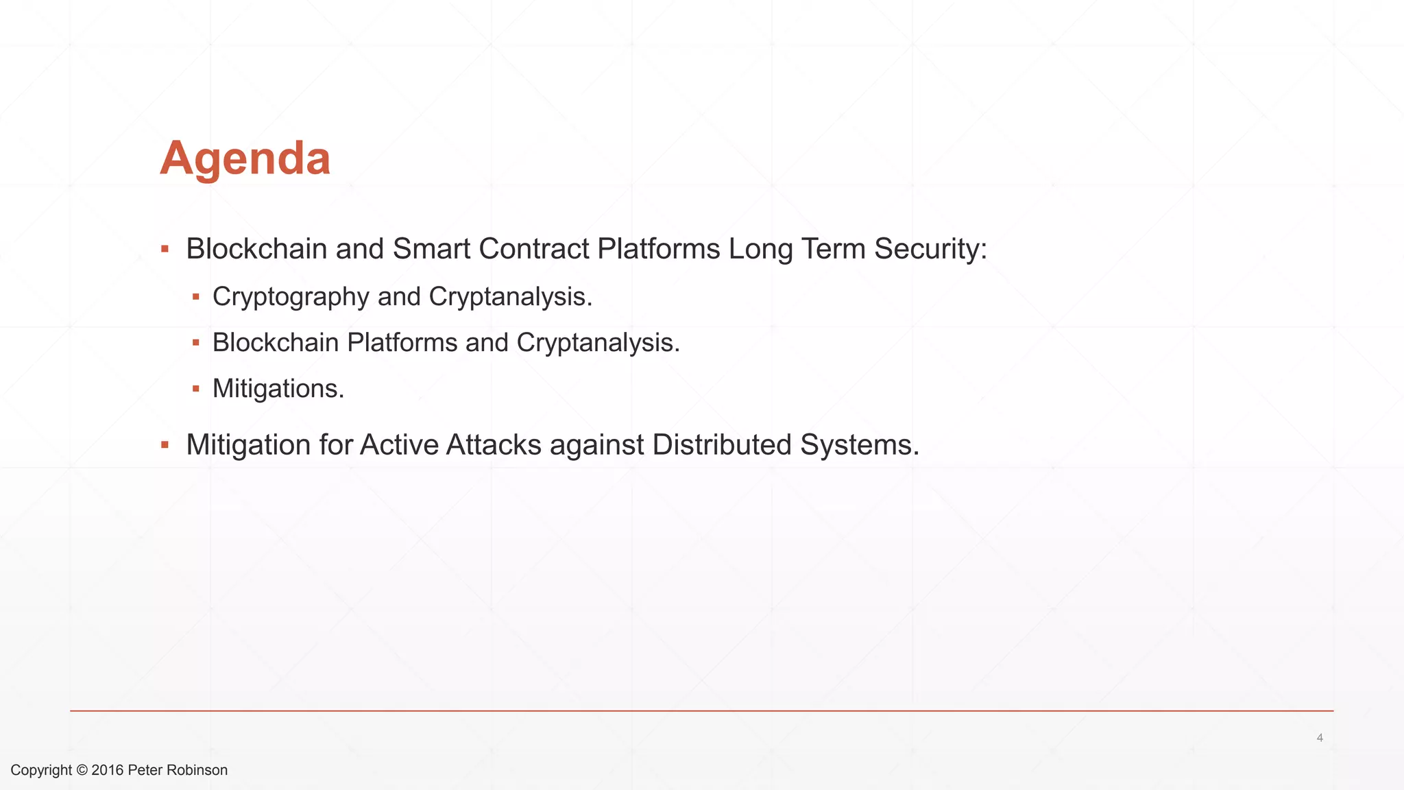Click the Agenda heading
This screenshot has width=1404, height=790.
tap(245, 158)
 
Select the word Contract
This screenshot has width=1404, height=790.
tap(534, 249)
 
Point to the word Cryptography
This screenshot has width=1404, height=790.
tap(291, 297)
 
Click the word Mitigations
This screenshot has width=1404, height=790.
tap(278, 389)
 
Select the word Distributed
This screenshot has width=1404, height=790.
tap(722, 445)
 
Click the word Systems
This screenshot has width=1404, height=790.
tap(859, 445)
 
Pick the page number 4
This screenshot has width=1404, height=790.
tap(1320, 738)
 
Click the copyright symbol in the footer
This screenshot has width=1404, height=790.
tap(82, 770)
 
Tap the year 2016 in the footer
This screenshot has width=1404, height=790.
tap(107, 770)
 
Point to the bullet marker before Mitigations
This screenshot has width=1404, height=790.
tap(196, 389)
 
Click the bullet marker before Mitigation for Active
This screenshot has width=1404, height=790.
tap(165, 445)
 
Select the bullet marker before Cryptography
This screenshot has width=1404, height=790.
tap(196, 297)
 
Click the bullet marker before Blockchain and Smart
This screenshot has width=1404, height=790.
tap(165, 249)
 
